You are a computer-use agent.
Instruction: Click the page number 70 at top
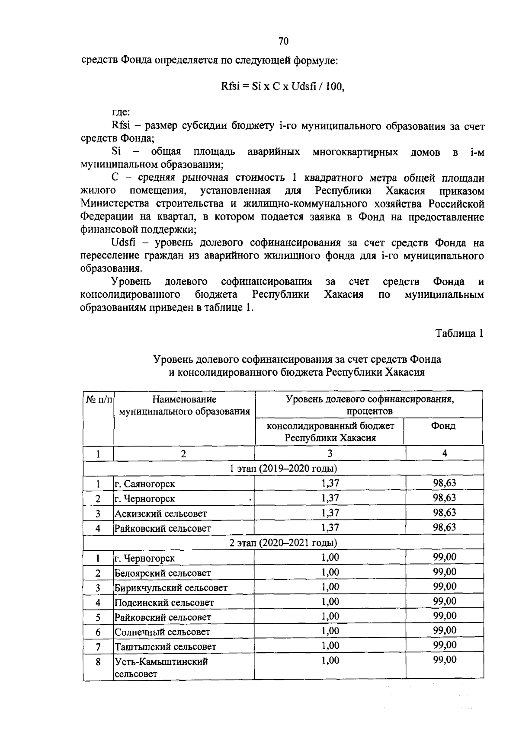[x=283, y=41]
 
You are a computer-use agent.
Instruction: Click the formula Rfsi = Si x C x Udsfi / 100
[x=283, y=86]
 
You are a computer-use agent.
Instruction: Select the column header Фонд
[x=443, y=426]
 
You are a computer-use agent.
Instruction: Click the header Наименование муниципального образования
[x=184, y=405]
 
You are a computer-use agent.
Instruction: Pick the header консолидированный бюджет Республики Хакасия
[x=330, y=431]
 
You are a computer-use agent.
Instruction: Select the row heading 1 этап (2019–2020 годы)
[x=283, y=468]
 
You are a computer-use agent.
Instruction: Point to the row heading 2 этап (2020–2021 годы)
[x=283, y=543]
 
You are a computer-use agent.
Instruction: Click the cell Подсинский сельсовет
[x=164, y=603]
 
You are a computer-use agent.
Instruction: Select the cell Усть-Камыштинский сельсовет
[x=161, y=667]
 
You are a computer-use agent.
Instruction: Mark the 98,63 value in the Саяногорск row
[x=444, y=483]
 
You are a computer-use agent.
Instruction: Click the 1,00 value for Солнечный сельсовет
[x=330, y=631]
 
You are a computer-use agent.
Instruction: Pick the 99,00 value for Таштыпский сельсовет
[x=444, y=645]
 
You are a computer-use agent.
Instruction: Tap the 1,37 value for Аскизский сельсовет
[x=330, y=513]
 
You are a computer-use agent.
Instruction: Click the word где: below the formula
[x=121, y=112]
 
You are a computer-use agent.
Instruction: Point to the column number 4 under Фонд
[x=444, y=453]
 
